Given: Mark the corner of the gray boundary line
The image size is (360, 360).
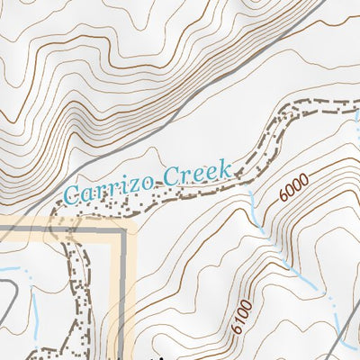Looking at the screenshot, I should [x=120, y=231].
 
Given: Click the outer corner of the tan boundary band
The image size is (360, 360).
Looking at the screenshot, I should [x=132, y=220].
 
